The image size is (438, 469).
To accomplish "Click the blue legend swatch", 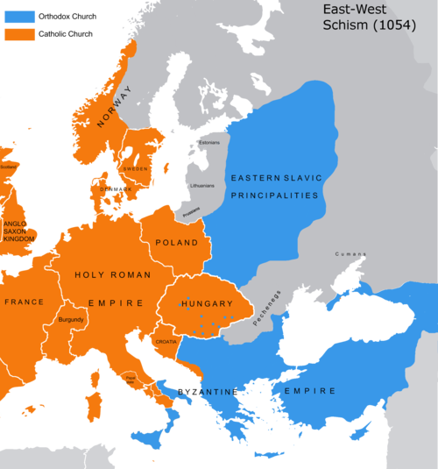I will (x=19, y=17).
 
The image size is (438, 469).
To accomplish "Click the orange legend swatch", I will (x=19, y=34).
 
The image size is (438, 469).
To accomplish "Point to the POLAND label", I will (x=176, y=242).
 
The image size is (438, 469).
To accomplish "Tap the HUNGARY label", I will (x=206, y=303).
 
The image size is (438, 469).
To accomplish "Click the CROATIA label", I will (x=166, y=342).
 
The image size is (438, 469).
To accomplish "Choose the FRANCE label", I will (x=24, y=302).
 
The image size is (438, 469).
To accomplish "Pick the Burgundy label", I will (x=71, y=321).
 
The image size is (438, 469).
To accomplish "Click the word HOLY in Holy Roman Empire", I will (x=91, y=274).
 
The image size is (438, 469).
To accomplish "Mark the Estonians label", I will (x=209, y=142).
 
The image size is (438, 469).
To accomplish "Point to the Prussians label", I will (x=191, y=209).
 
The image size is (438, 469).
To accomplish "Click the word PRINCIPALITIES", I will (x=276, y=196).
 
